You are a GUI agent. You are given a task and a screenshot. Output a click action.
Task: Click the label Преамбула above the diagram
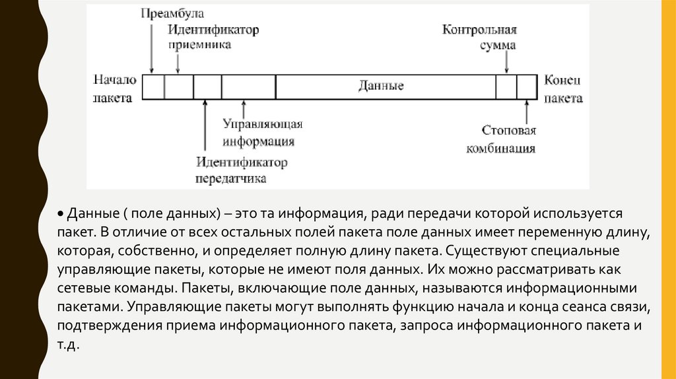point(172,13)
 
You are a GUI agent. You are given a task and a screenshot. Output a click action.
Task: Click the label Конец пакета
point(563,88)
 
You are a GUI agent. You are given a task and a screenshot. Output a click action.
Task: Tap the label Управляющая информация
point(262,132)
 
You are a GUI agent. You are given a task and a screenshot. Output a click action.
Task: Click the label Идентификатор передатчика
point(241,170)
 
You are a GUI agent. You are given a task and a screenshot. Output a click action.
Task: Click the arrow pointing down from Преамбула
point(151,46)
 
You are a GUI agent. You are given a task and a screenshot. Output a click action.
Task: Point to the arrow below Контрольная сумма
point(506,63)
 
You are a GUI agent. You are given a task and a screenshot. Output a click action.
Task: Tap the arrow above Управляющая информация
point(244,108)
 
